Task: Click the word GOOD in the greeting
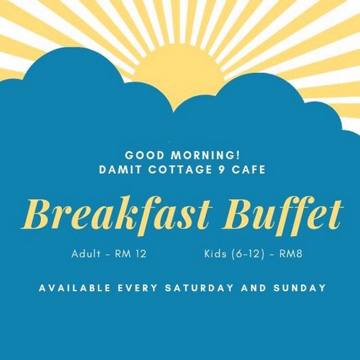[x=144, y=155]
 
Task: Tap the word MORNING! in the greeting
[x=205, y=155]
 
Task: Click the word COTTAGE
[x=180, y=170]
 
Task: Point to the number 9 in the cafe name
[x=221, y=170]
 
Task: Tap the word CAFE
[x=248, y=170]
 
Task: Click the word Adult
[x=86, y=254]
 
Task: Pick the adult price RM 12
[x=131, y=254]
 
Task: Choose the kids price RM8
[x=290, y=254]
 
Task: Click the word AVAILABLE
[x=74, y=288]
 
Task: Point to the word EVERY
[x=138, y=288]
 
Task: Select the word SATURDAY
[x=199, y=288]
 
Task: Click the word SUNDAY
[x=299, y=288]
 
